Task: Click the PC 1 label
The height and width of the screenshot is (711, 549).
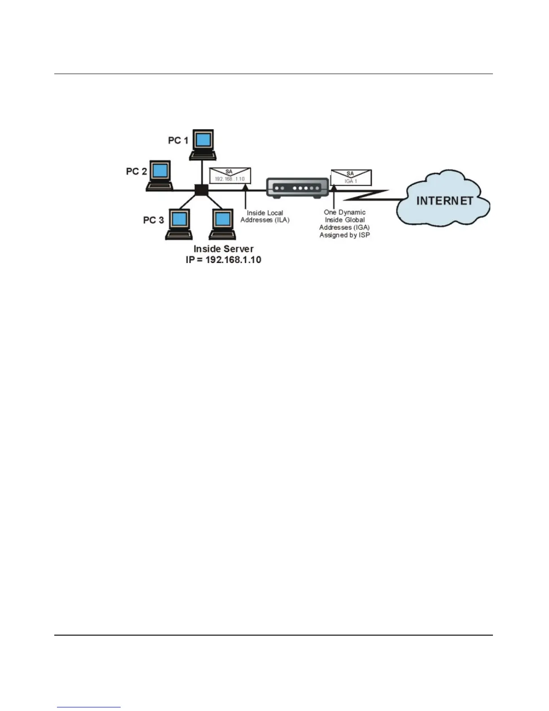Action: pyautogui.click(x=178, y=140)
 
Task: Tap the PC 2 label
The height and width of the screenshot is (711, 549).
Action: pyautogui.click(x=136, y=171)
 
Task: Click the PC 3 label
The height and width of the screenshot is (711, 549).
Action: pyautogui.click(x=153, y=220)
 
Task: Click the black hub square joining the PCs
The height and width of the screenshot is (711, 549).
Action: pyautogui.click(x=201, y=190)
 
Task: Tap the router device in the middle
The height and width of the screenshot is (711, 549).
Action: pyautogui.click(x=297, y=188)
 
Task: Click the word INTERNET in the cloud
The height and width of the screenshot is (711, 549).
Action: pyautogui.click(x=444, y=201)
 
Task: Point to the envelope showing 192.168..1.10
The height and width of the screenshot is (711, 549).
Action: pyautogui.click(x=230, y=176)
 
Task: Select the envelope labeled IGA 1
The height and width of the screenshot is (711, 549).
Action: pyautogui.click(x=351, y=177)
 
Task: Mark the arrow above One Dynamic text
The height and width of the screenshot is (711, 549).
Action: pyautogui.click(x=334, y=197)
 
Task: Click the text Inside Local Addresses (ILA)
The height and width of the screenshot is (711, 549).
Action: pyautogui.click(x=265, y=216)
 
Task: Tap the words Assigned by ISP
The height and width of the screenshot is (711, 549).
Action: pyautogui.click(x=344, y=235)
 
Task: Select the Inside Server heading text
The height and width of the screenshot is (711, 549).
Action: pyautogui.click(x=223, y=249)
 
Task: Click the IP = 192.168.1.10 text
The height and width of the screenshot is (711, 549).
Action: pyautogui.click(x=223, y=260)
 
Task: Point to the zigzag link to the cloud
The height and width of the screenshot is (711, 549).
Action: pyautogui.click(x=368, y=196)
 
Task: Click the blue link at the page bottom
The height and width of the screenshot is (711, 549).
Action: pyautogui.click(x=89, y=707)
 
